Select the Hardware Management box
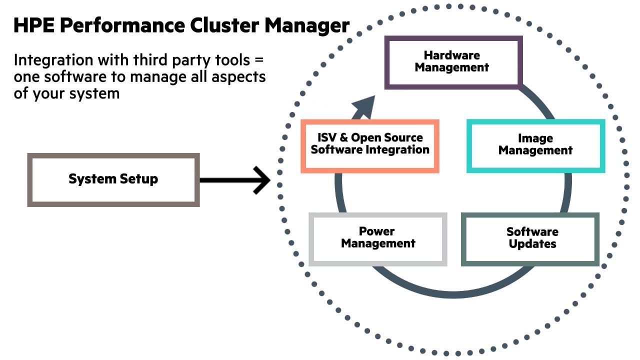pos(452,62)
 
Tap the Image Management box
pos(535,145)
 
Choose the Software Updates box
pos(530,238)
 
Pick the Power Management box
pos(378,238)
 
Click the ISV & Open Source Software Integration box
pos(370,145)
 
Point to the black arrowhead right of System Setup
pos(262,180)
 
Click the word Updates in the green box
pos(532,244)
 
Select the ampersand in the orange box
pos(342,138)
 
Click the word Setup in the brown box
pos(136,179)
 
